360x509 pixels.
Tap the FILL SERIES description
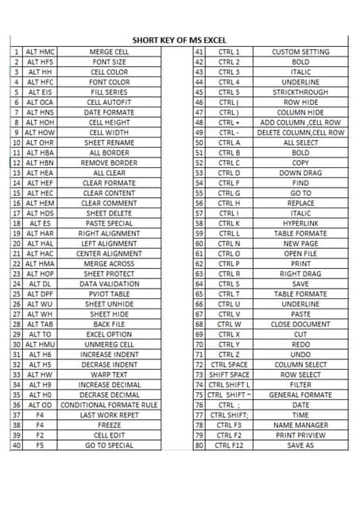point(109,92)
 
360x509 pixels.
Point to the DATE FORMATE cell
point(109,113)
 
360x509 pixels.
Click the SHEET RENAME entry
point(109,143)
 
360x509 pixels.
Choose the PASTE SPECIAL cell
point(109,224)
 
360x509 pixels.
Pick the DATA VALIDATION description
point(109,284)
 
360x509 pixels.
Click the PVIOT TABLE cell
point(109,294)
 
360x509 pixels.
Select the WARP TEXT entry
point(109,375)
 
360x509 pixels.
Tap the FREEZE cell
point(109,425)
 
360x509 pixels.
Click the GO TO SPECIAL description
point(109,446)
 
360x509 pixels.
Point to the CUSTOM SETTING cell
point(300,52)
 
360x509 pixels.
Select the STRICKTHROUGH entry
point(300,92)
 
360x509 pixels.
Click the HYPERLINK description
point(300,224)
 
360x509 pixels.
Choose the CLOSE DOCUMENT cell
point(300,324)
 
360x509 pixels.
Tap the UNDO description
point(300,355)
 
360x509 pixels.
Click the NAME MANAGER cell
point(300,425)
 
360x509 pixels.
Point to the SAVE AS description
point(300,446)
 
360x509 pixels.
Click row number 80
point(199,446)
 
